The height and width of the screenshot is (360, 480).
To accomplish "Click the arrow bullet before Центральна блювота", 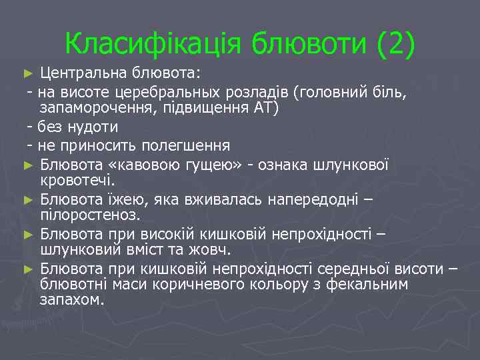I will tap(27, 72).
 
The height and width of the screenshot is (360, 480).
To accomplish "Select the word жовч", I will tap(214, 251).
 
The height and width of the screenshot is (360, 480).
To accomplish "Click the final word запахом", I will tap(71, 301).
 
